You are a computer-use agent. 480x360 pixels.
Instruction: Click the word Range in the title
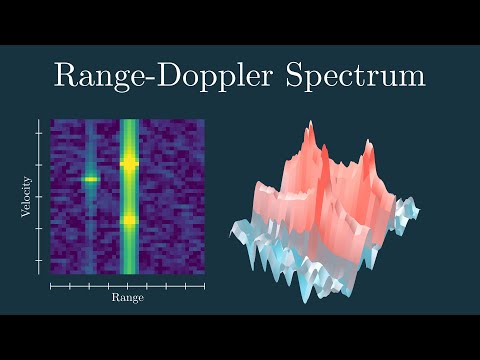[x=102, y=75]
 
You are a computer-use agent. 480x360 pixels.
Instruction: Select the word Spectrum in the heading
[x=359, y=77]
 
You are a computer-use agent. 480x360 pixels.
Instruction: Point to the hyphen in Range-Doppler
[x=155, y=77]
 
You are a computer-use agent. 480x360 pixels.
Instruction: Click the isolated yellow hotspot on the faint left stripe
[x=89, y=179]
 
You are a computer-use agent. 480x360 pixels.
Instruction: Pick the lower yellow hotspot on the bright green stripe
[x=129, y=219]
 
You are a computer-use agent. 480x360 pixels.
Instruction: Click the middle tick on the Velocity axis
[x=40, y=196]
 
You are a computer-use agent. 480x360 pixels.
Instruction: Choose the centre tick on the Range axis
[x=129, y=285]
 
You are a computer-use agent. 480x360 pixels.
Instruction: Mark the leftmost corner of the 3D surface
[x=231, y=223]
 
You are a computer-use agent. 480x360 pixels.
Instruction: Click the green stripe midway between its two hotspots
[x=129, y=190]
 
